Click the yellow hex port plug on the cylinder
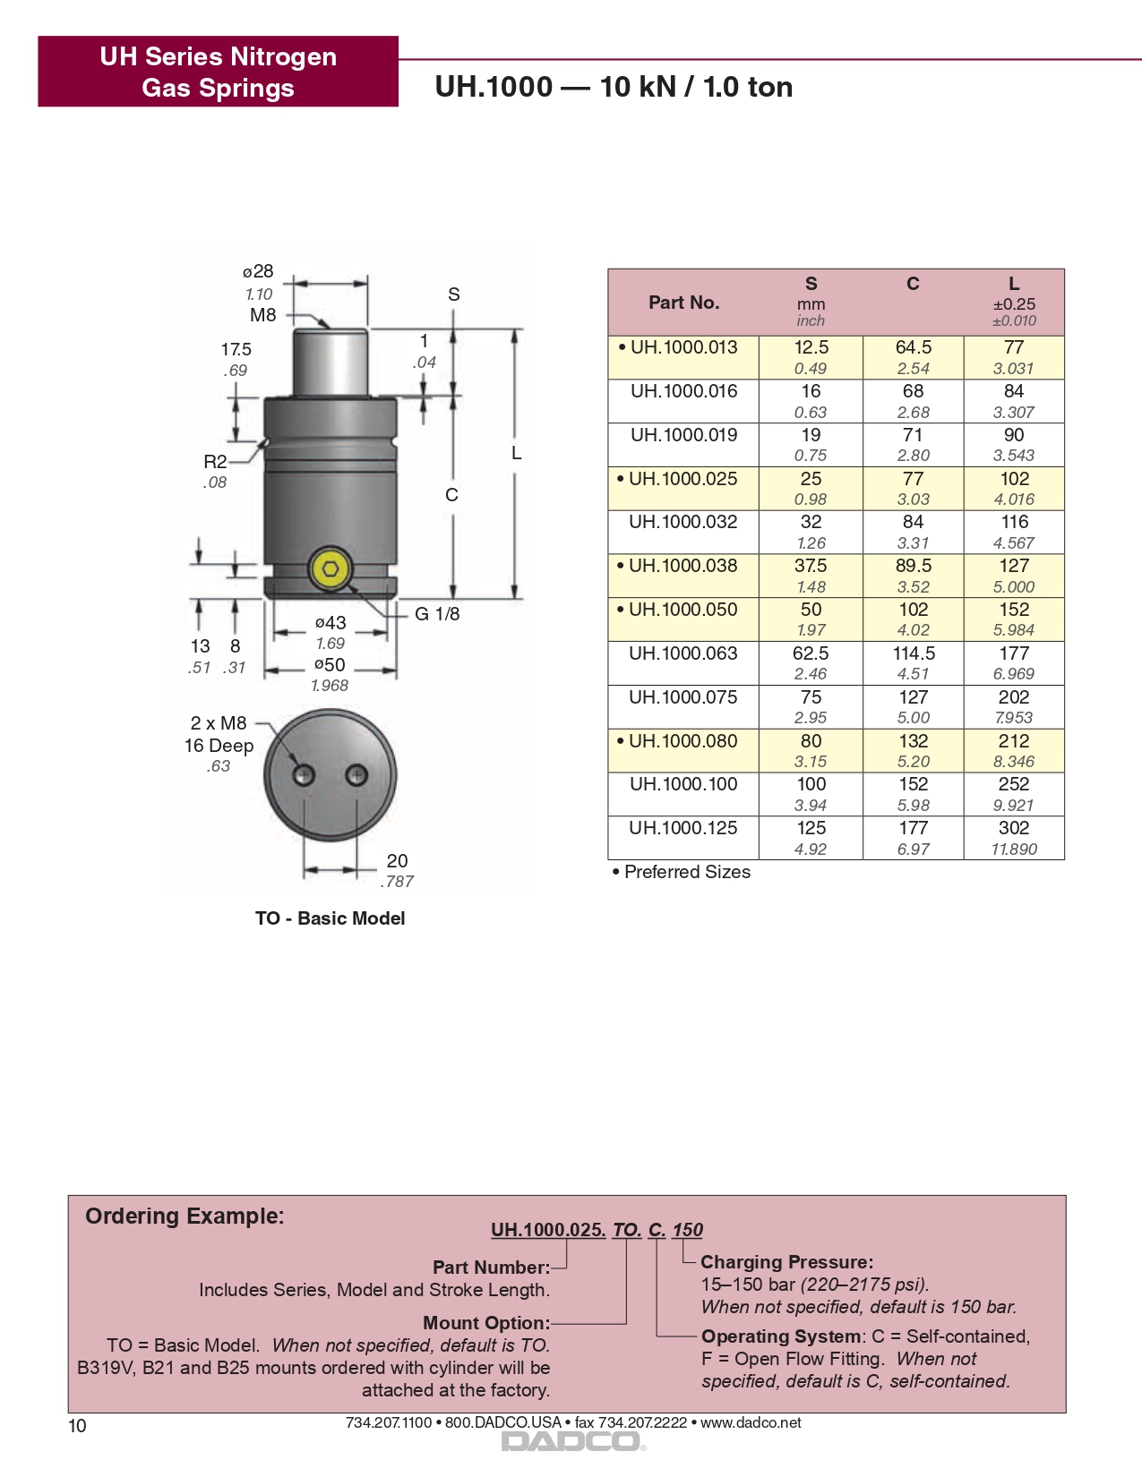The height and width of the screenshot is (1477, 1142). [331, 569]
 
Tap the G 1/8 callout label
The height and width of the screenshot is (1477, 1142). [437, 614]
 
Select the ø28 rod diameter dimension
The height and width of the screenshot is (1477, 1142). [258, 271]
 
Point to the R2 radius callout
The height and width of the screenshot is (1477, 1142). [215, 462]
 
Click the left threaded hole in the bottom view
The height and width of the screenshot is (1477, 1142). [304, 774]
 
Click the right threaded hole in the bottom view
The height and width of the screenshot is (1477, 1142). [356, 774]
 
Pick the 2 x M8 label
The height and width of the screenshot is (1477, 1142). [218, 723]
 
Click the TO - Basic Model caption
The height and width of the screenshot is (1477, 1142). [330, 918]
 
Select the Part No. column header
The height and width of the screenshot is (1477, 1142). [683, 303]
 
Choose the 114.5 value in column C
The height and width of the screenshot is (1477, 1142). [913, 653]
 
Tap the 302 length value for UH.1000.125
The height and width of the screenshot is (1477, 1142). [1014, 828]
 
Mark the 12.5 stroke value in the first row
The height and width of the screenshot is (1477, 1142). [811, 347]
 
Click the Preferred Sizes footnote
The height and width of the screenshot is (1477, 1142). [682, 872]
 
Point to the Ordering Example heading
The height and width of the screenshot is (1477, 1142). [185, 1216]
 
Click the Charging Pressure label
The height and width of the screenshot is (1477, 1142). [786, 1262]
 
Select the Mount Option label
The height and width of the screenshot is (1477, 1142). [485, 1323]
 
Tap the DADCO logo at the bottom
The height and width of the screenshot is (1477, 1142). [571, 1441]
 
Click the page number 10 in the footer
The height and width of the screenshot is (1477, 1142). [78, 1426]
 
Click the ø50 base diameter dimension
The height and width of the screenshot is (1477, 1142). [330, 665]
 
